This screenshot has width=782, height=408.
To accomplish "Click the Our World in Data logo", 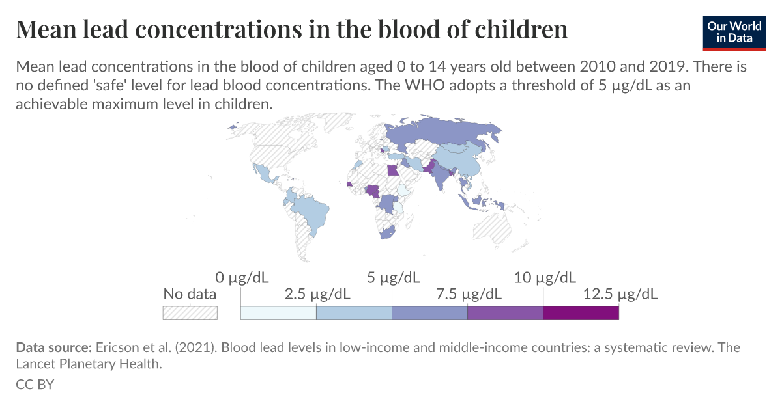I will click(734, 31).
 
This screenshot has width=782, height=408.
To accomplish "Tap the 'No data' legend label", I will click(190, 293).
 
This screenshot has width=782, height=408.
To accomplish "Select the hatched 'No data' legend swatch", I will click(190, 312).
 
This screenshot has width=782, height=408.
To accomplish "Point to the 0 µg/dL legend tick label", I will click(241, 278).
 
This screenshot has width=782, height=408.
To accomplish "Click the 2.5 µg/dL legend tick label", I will click(317, 293).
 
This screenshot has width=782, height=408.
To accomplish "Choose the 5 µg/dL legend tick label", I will click(392, 278).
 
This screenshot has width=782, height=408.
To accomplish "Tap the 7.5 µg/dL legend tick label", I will click(469, 293).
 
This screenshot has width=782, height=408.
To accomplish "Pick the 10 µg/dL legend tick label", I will click(544, 278).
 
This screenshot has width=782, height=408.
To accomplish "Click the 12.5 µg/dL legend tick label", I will click(620, 293).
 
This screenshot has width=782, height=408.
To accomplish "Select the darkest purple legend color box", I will click(581, 312).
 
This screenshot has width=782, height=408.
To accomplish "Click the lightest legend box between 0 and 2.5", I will click(278, 312).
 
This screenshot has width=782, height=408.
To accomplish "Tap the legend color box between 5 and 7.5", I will click(429, 312).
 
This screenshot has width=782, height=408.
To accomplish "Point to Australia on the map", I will click(492, 228).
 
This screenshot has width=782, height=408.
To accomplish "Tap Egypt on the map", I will click(391, 171).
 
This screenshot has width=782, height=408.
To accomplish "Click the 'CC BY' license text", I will click(35, 384).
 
